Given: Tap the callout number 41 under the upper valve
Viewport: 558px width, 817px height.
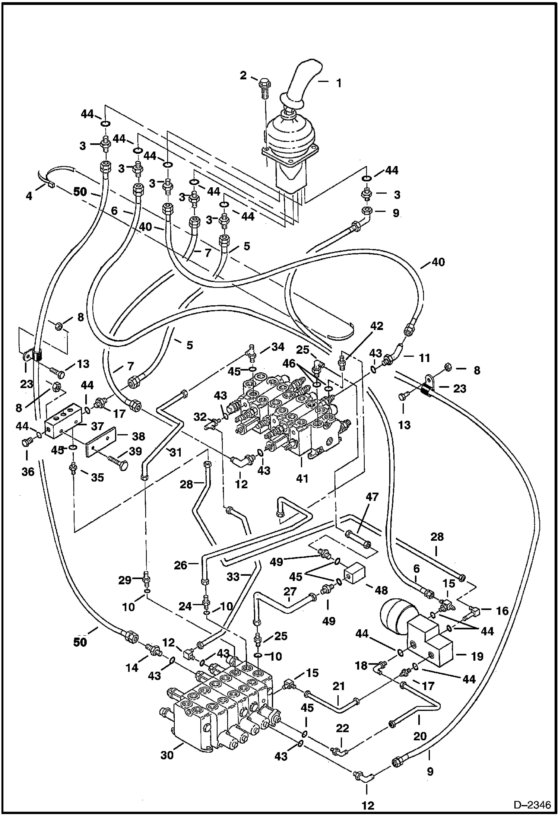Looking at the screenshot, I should (302, 478).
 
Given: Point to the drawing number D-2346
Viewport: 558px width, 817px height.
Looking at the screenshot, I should (532, 805).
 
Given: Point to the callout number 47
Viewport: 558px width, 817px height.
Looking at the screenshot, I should (372, 497).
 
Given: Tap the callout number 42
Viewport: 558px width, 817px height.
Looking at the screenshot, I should (377, 326).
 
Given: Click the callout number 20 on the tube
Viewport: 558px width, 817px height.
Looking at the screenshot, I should (420, 736).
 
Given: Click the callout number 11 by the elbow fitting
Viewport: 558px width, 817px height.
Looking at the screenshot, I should (423, 358).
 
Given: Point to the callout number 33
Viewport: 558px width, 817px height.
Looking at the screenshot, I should (233, 577).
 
